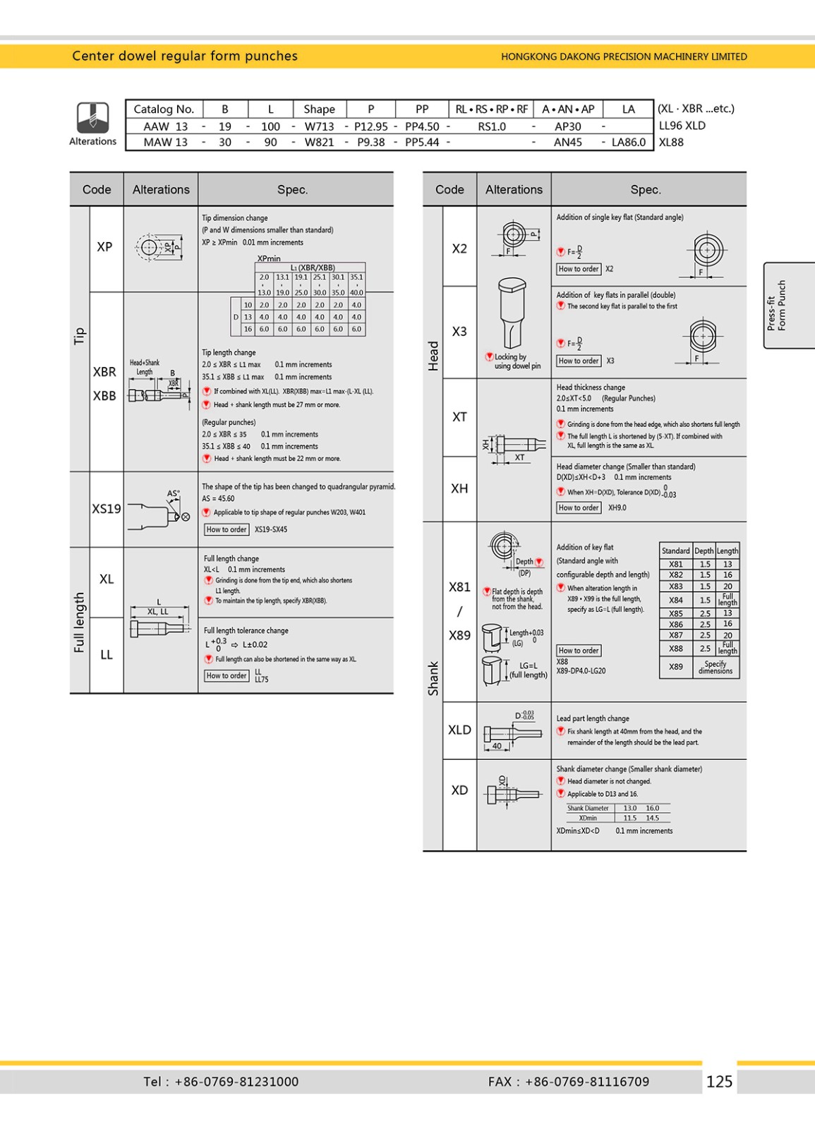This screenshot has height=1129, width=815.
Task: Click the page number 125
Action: tap(719, 1082)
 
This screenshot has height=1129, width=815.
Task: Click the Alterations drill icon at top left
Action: tap(92, 117)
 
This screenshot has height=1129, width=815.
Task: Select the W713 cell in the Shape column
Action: tap(319, 126)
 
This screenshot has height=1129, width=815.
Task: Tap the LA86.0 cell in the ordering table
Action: tap(628, 142)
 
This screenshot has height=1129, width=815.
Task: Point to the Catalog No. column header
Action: tap(164, 109)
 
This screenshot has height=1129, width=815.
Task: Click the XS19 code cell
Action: tap(106, 509)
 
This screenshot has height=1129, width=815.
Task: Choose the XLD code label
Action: tap(459, 730)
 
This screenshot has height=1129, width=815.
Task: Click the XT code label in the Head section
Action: tap(459, 417)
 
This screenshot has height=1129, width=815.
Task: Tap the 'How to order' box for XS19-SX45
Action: tap(227, 529)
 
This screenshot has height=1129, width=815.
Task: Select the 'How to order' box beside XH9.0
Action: tap(579, 507)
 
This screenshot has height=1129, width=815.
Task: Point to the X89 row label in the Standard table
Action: tap(676, 667)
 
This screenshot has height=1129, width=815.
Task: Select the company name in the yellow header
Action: tap(624, 56)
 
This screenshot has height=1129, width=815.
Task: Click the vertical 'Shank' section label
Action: tap(433, 678)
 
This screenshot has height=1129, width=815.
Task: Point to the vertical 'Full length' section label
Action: tap(79, 622)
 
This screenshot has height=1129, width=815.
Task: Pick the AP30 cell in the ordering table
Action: tap(567, 126)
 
